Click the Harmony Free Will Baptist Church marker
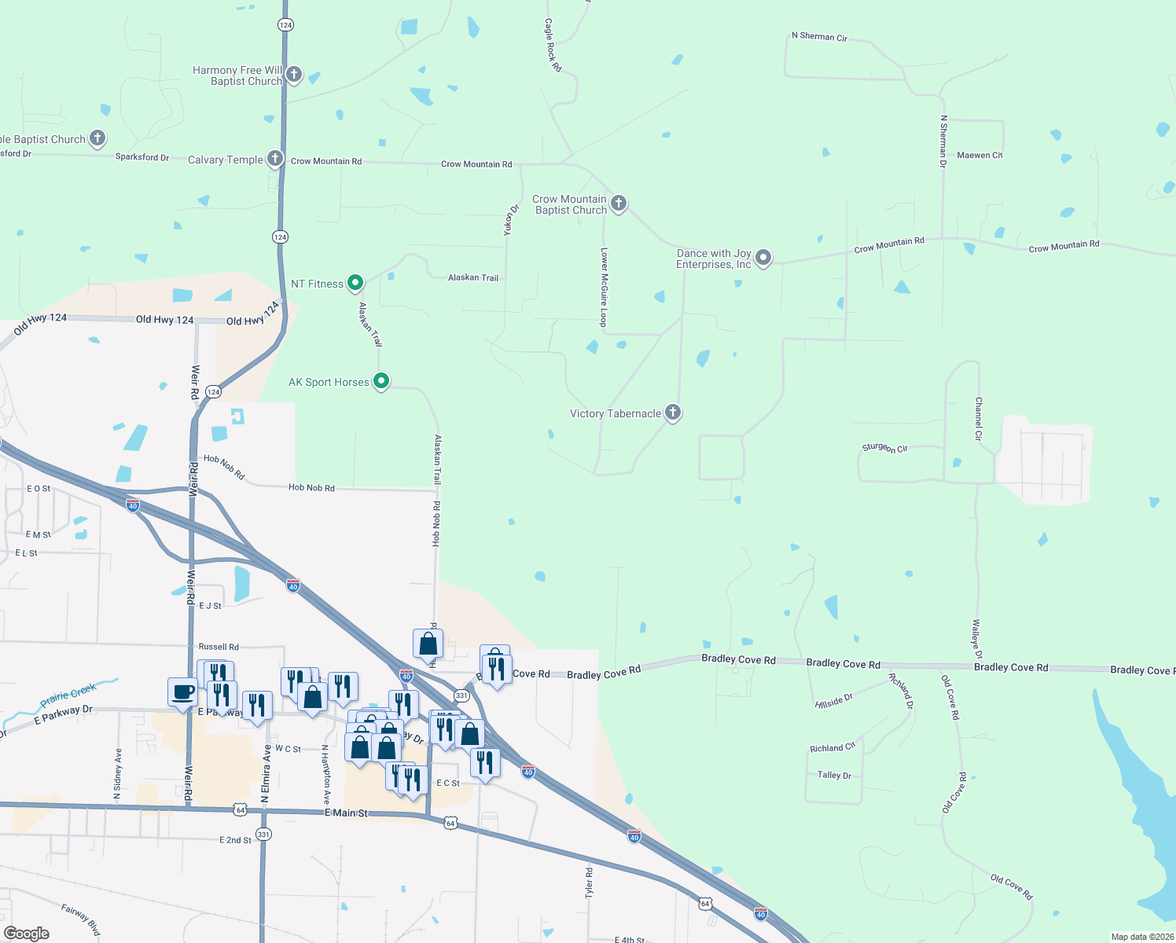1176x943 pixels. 293,75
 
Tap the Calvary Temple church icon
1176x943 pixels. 274,159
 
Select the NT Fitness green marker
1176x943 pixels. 355,283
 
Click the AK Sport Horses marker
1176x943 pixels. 381,381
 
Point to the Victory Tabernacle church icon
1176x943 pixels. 673,412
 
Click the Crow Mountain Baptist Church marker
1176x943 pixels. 619,204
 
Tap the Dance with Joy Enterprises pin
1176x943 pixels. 763,257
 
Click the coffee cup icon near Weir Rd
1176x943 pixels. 182,692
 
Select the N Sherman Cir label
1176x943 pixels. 819,37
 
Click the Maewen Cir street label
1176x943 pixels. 979,156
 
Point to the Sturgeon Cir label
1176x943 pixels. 884,448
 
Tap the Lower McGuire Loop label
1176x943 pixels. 604,287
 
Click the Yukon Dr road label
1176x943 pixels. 511,220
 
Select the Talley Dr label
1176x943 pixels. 834,775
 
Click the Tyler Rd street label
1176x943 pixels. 589,882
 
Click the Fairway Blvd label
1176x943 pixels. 81,919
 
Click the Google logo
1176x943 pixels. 27,934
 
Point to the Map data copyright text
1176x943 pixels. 1142,937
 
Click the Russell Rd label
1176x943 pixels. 219,647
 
